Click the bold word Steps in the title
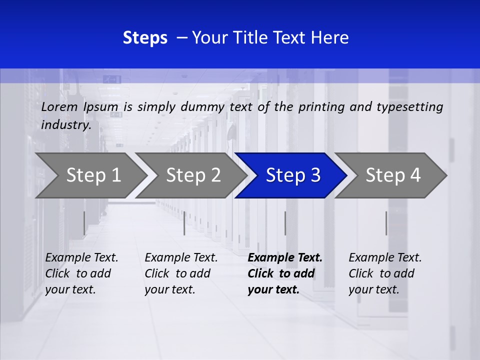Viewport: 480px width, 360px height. point(145,38)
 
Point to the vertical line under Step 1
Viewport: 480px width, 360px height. point(84,223)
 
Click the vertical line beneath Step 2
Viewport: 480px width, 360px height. point(184,223)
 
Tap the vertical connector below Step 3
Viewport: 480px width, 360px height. point(285,223)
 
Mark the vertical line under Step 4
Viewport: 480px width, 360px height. point(386,223)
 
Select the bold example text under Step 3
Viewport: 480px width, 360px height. point(284,273)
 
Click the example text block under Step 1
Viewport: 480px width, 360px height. point(81,273)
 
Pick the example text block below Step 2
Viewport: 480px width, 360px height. point(181,273)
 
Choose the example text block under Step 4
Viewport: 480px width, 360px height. point(385,273)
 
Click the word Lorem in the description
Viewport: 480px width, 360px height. point(59,107)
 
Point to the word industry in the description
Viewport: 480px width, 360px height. point(65,125)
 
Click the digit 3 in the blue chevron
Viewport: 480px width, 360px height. point(315,175)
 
